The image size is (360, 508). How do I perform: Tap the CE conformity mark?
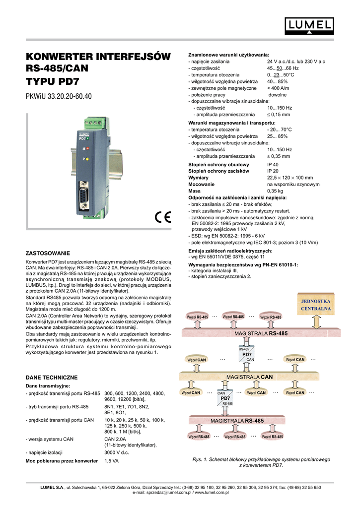tap(162, 218)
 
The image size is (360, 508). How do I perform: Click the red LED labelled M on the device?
tap(86, 149)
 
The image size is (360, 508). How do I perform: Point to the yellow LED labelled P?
tap(86, 159)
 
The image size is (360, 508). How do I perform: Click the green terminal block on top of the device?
tap(94, 122)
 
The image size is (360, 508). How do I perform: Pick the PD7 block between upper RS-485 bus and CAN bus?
tap(247, 355)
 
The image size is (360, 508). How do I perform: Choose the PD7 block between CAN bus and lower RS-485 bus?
tap(225, 398)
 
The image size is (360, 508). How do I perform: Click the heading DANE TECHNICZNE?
tap(51, 378)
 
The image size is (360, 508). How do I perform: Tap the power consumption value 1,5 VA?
tap(112, 461)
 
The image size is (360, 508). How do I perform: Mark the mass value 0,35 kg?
tap(275, 190)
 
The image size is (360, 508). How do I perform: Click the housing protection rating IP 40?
tap(273, 164)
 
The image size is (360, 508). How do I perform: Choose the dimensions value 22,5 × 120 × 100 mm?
tap(290, 177)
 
